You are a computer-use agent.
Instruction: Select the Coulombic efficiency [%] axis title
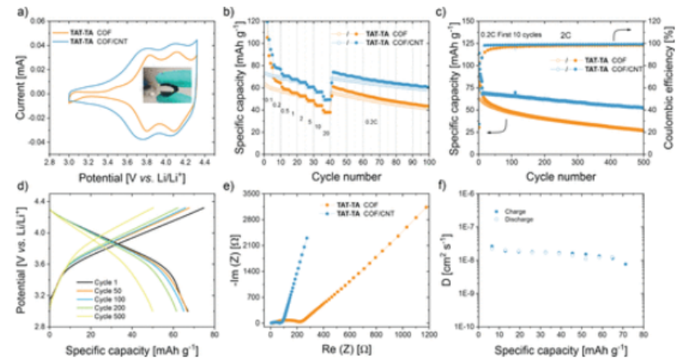click(x=685, y=85)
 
